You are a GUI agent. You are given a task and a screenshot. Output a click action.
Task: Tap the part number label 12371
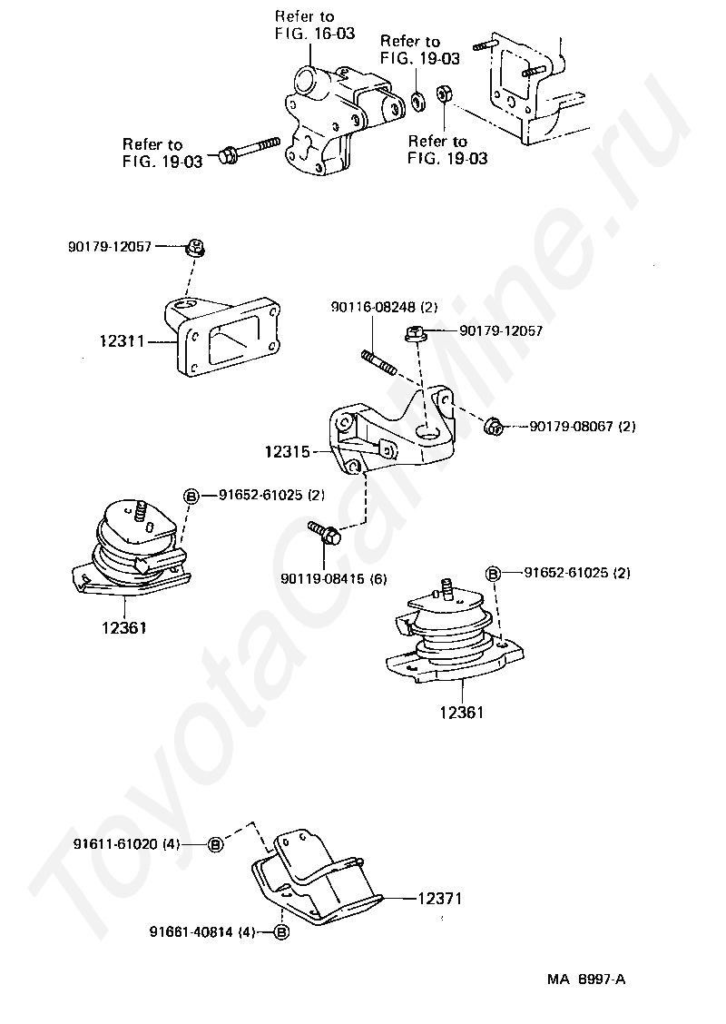tap(440, 899)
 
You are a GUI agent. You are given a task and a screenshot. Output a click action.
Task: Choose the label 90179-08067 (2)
tap(582, 425)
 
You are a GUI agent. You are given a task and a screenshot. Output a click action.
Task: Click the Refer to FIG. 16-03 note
tap(314, 25)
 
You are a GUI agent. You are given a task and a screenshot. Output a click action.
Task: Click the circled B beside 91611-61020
tap(216, 843)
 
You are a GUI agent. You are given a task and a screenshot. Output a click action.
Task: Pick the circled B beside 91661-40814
tap(280, 931)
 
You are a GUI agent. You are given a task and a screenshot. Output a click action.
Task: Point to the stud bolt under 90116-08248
tap(379, 362)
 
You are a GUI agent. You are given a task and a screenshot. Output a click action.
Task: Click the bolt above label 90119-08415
tap(324, 533)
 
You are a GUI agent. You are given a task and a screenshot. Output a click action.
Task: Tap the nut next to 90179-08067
tap(495, 425)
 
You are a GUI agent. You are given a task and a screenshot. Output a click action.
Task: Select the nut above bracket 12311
tap(193, 246)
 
